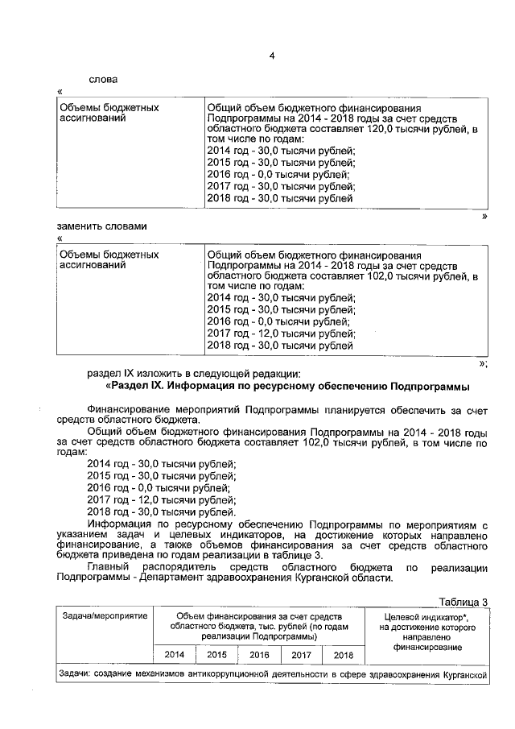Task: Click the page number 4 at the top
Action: click(272, 55)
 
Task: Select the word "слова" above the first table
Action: click(102, 80)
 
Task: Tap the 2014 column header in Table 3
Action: click(175, 655)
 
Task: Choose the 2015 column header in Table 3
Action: click(217, 655)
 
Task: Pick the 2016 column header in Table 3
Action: click(259, 655)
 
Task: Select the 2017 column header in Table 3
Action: click(301, 655)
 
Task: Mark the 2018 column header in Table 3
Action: click(343, 655)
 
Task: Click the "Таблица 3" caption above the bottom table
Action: click(463, 602)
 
